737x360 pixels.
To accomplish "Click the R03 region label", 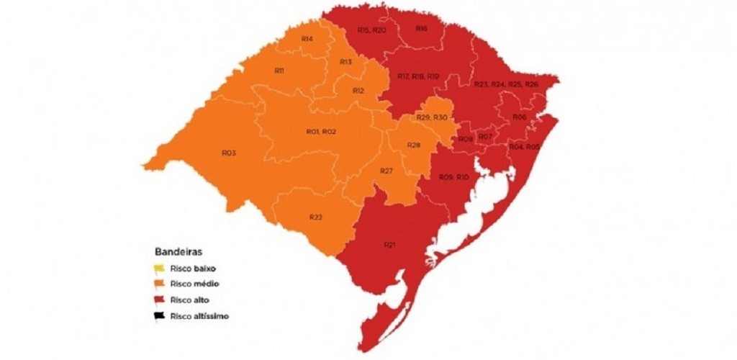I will tap(230, 153).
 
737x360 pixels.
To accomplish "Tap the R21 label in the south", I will tap(389, 246).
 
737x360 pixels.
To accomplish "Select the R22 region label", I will tap(315, 217).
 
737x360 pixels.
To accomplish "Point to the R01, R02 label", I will tap(322, 132).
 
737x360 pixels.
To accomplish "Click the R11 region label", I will tap(279, 71).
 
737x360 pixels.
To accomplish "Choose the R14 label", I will tap(307, 38).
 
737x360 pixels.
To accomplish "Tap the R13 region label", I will tap(345, 63).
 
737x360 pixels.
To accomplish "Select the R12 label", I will tap(358, 91).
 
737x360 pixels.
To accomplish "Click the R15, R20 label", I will tap(372, 30).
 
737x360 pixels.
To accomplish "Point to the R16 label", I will tap(422, 28).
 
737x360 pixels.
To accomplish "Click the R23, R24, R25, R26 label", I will tap(506, 85).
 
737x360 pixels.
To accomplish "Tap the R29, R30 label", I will tap(433, 117).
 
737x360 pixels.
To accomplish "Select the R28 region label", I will tap(413, 145).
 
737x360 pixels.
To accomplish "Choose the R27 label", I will tap(386, 171).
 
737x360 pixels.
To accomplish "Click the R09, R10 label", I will tap(453, 177).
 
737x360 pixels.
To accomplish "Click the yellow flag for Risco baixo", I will tap(158, 269).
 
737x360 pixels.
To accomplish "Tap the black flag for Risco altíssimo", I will tap(158, 316).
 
